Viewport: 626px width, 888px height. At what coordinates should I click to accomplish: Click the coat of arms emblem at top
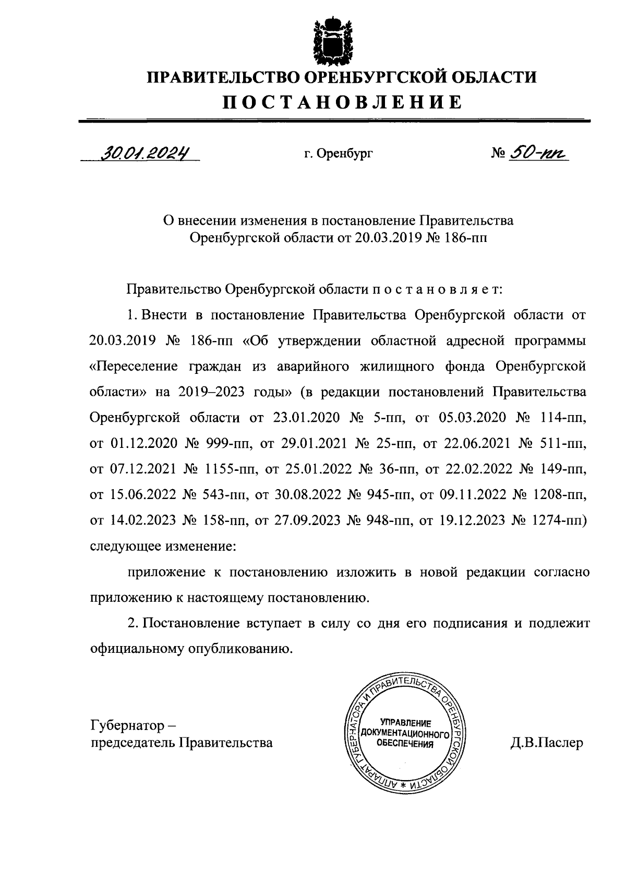click(x=329, y=39)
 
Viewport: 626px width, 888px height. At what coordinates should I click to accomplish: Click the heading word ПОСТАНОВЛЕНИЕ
click(x=343, y=102)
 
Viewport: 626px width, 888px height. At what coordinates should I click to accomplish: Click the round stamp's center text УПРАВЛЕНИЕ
click(x=405, y=723)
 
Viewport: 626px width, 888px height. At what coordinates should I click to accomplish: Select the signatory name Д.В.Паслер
click(x=546, y=743)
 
